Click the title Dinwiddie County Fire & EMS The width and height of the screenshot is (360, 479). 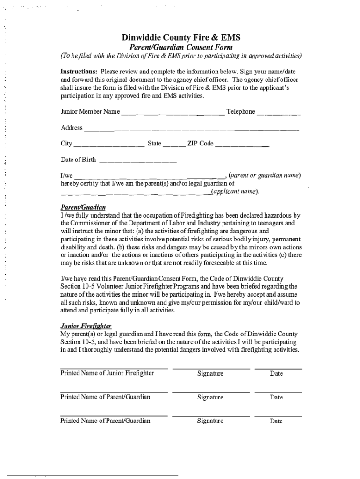[181, 37]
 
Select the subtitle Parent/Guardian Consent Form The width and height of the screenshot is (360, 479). [180, 47]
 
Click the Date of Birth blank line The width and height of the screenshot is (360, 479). [138, 161]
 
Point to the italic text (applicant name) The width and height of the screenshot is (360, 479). [234, 192]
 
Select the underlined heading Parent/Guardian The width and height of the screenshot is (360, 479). [83, 207]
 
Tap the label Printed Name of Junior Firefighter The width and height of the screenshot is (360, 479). [107, 373]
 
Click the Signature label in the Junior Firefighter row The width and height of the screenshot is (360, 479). [210, 374]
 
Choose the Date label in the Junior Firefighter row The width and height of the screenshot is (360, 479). [276, 374]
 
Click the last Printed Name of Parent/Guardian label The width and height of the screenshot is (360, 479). [105, 421]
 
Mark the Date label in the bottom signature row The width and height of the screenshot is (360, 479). [276, 421]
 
